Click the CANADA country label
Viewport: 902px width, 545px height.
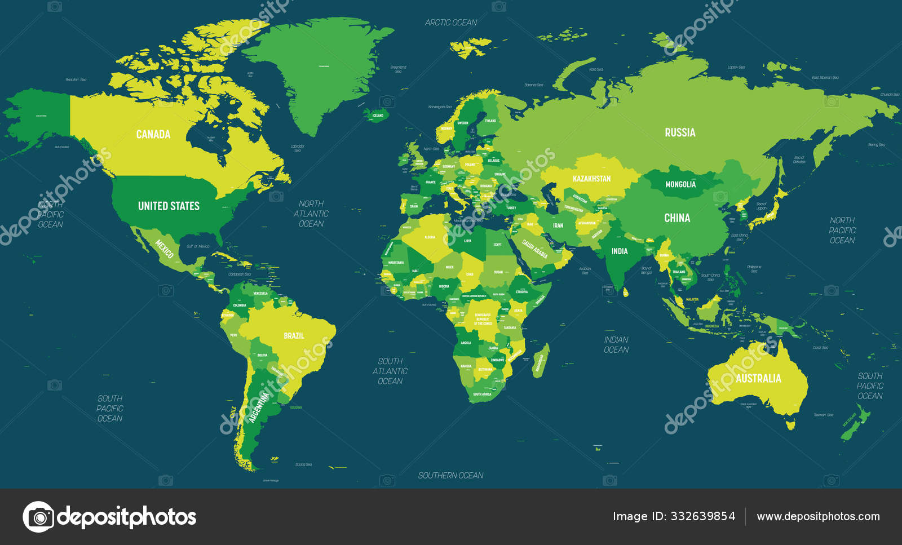[153, 134]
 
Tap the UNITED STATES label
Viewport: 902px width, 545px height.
[169, 206]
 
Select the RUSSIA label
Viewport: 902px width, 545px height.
[680, 132]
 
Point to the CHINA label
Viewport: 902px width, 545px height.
[676, 218]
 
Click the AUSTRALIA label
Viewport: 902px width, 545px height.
[758, 379]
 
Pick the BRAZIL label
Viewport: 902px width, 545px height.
[294, 335]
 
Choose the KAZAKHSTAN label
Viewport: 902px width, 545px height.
[591, 179]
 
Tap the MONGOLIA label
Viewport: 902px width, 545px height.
[680, 184]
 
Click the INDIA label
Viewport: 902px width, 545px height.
[620, 251]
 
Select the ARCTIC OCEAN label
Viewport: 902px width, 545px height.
[450, 23]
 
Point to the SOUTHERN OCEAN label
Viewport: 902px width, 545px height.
[450, 475]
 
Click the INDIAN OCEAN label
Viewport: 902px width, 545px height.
[616, 344]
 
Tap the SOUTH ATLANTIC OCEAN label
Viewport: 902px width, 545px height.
[390, 371]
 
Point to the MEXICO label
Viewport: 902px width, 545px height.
[164, 249]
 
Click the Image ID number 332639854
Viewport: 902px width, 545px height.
[703, 516]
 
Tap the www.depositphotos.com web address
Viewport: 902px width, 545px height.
[818, 516]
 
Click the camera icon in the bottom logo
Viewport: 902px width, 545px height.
[38, 517]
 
